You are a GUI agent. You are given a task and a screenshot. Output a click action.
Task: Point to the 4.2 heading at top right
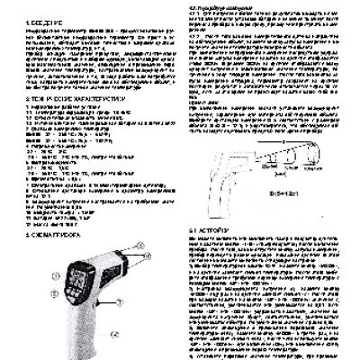[217, 6]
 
